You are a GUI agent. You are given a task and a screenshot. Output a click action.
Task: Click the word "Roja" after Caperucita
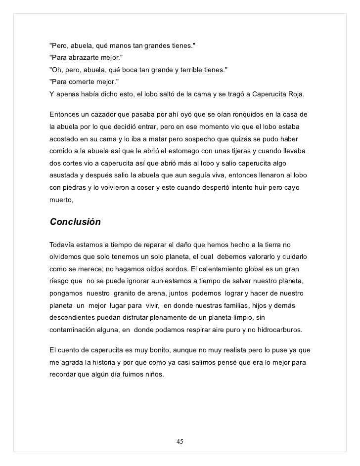(296, 93)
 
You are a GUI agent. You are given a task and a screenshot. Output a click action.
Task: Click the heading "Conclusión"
(75, 222)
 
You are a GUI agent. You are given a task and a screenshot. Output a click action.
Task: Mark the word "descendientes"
(74, 318)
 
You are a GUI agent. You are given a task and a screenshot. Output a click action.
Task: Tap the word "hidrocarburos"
(280, 330)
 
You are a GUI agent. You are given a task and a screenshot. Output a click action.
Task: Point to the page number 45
(180, 441)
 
